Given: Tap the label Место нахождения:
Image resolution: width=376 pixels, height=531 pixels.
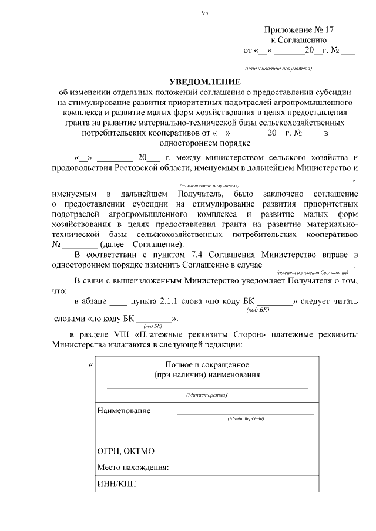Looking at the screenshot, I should [133, 468].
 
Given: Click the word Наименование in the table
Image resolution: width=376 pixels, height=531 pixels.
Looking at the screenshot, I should [123, 410].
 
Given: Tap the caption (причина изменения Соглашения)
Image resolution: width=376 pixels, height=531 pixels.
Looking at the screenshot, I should [311, 272].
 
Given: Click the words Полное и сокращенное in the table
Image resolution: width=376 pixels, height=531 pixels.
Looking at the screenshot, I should [206, 364].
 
